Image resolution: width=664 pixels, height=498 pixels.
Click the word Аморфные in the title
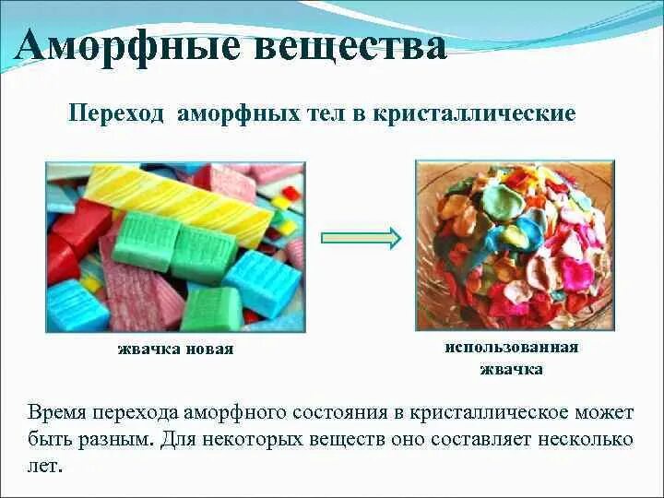(118, 46)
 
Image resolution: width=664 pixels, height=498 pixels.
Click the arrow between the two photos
(361, 238)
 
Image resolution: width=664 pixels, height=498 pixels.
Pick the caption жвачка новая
(175, 350)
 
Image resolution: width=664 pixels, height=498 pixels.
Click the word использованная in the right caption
(511, 348)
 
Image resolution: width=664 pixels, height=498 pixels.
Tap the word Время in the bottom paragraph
(61, 411)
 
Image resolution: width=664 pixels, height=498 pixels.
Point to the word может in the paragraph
(602, 411)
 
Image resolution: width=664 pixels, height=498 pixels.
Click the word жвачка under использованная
(511, 369)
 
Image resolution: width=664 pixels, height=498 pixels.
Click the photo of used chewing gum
(514, 244)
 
